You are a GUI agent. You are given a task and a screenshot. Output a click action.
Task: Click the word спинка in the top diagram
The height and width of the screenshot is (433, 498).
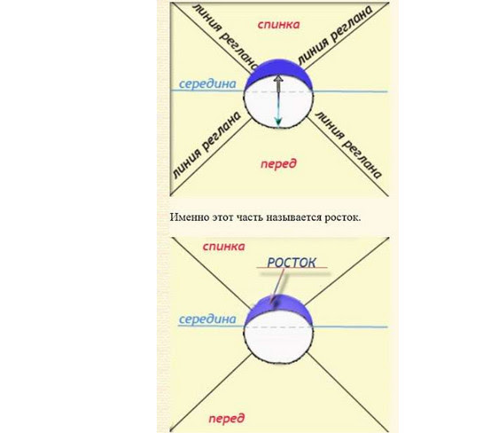click(x=278, y=25)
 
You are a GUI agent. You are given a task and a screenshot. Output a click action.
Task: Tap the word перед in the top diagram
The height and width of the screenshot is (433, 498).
click(x=278, y=164)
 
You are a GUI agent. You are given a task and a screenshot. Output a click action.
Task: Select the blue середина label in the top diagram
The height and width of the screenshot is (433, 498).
click(x=207, y=84)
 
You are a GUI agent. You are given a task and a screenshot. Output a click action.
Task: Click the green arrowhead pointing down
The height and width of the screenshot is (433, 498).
click(x=278, y=122)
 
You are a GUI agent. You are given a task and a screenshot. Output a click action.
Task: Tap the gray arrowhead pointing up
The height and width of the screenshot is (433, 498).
click(x=278, y=79)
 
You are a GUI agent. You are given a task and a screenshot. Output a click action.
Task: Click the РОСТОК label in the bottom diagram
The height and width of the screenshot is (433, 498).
click(x=292, y=263)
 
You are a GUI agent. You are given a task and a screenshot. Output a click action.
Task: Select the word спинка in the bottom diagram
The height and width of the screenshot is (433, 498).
click(x=224, y=247)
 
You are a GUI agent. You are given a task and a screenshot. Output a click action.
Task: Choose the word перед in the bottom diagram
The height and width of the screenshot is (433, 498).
click(x=227, y=419)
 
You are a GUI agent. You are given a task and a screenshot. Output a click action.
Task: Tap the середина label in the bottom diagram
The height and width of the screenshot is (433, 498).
click(x=207, y=319)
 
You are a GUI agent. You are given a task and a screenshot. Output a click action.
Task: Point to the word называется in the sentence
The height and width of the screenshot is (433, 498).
click(x=294, y=217)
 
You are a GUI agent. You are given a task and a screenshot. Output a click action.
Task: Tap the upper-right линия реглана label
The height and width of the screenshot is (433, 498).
click(x=335, y=35)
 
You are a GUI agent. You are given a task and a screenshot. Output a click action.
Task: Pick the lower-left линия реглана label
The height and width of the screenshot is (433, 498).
click(x=206, y=145)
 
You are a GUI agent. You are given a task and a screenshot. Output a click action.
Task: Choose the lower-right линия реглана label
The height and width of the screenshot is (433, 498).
click(x=348, y=145)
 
